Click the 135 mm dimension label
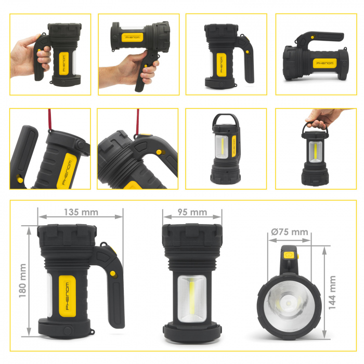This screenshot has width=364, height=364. (81, 212)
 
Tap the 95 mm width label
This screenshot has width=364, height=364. (192, 212)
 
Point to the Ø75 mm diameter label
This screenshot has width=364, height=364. (290, 232)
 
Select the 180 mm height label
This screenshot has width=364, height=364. (22, 281)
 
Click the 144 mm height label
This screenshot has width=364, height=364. (332, 292)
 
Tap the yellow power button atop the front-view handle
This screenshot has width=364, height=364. (289, 255)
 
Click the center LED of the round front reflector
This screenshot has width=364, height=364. (289, 303)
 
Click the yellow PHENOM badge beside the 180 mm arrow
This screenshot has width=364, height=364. (67, 296)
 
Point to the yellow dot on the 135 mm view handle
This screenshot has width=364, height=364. (113, 274)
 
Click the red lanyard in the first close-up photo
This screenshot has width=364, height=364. (50, 119)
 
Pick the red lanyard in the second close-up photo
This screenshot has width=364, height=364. (138, 122)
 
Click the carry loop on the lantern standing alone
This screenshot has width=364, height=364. (225, 115)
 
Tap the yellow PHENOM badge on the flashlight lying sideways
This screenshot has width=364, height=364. (324, 63)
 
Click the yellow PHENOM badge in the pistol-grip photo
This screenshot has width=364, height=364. (132, 37)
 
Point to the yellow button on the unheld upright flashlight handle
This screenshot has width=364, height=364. (248, 52)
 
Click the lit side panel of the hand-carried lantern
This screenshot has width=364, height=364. (315, 152)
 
